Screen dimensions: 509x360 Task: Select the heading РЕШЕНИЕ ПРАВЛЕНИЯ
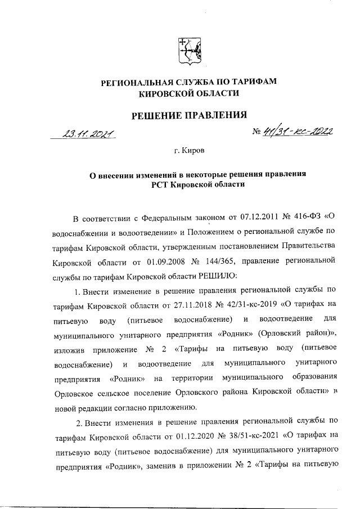point(189,116)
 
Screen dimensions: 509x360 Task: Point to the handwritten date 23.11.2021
point(88,134)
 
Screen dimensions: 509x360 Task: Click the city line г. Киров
point(189,152)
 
